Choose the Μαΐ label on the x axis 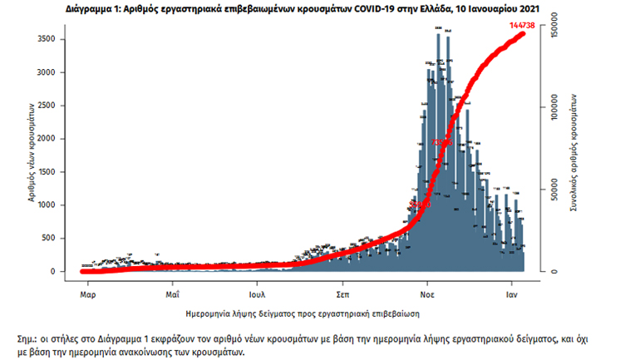coord(173,294)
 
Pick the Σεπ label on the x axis coord(342,294)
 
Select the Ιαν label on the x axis coord(514,294)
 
